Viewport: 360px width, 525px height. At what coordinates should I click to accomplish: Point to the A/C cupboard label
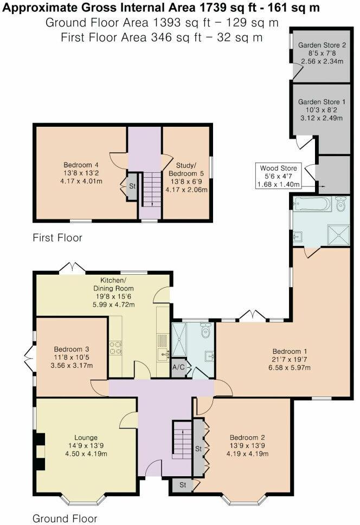[178, 367]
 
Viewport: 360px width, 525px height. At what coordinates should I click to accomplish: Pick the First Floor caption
[57, 237]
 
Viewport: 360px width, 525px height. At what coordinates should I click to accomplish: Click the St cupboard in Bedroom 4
[132, 186]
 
